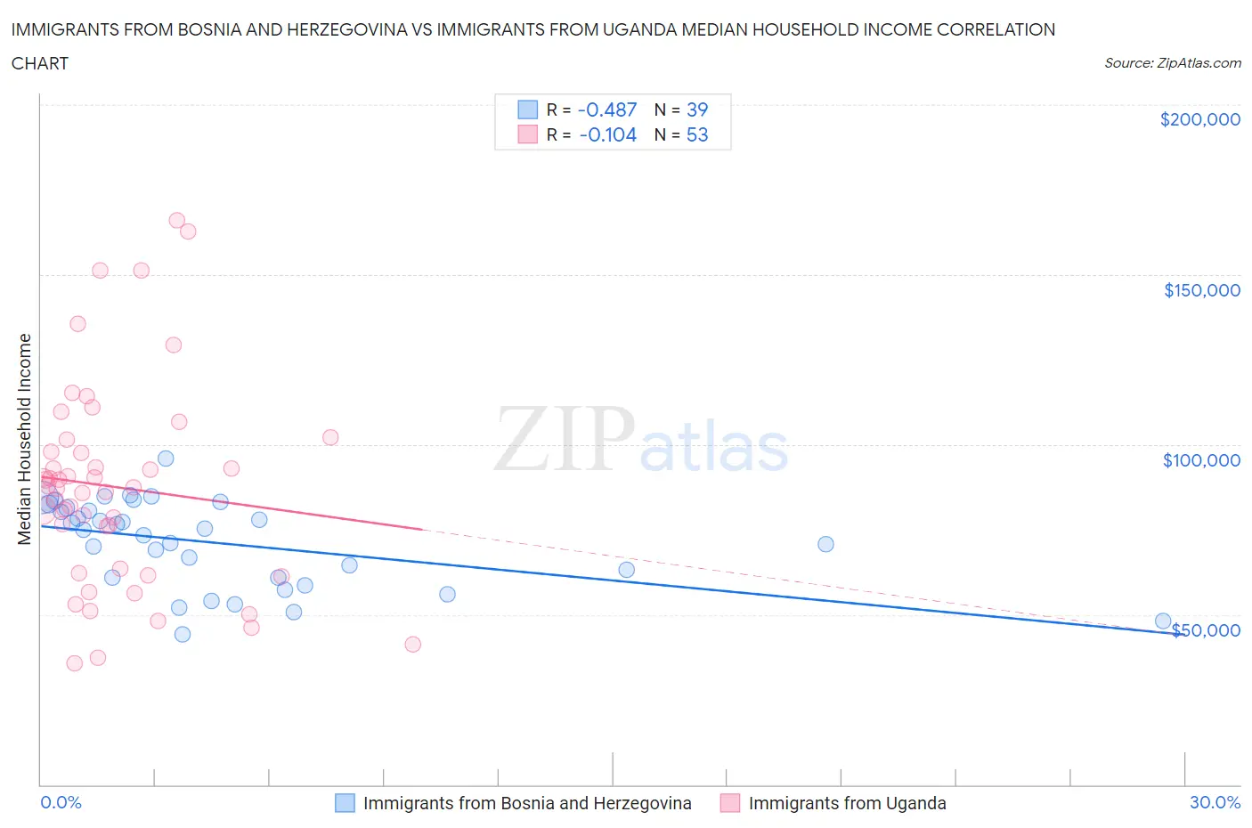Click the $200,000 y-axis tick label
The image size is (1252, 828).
(x=1199, y=119)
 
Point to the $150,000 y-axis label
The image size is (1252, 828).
(x=1201, y=290)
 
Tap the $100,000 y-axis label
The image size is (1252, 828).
(x=1201, y=460)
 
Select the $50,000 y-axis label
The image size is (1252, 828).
(x=1206, y=630)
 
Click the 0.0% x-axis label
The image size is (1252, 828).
(x=61, y=802)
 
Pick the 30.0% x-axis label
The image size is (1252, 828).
(x=1215, y=802)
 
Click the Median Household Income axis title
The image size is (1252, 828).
(x=25, y=439)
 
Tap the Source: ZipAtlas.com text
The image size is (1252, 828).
(x=1172, y=62)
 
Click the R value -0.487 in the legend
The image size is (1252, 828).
(x=607, y=110)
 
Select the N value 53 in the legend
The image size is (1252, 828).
(x=697, y=134)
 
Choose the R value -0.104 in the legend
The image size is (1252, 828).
(x=607, y=134)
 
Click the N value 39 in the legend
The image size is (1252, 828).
(x=697, y=110)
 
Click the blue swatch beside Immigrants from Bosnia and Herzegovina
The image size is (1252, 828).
(x=345, y=803)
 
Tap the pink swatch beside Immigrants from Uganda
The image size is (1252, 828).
(x=730, y=803)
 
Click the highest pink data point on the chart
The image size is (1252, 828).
(x=176, y=220)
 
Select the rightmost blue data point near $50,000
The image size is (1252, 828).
(x=1163, y=621)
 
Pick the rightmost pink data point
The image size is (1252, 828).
(x=412, y=644)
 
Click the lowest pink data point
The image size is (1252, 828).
(x=75, y=662)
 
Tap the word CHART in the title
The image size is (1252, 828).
(x=40, y=63)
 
